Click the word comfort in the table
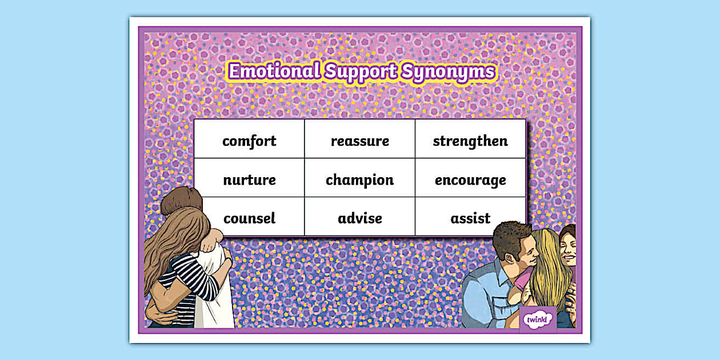249,141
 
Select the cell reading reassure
359,141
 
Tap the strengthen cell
470,141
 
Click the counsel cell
249,218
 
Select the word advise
359,218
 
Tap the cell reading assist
470,218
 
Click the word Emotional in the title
274,71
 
